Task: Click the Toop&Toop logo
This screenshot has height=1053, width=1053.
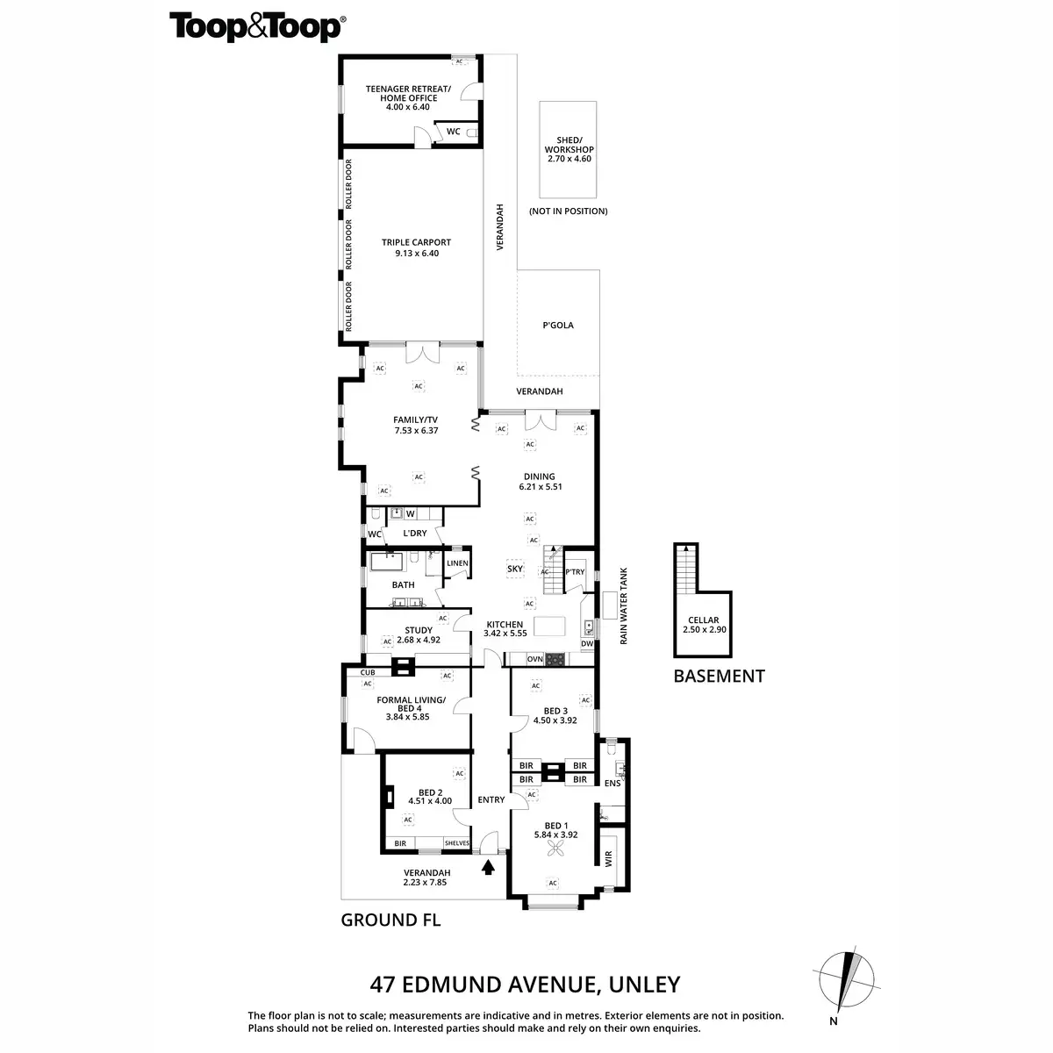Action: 255,27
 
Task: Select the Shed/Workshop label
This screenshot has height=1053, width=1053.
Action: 569,149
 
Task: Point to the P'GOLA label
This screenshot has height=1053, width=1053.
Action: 558,325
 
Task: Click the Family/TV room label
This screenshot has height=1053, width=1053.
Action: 416,425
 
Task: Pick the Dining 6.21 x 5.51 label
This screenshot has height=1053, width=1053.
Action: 540,481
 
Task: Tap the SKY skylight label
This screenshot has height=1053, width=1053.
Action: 515,569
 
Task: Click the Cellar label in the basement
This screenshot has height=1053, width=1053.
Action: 704,625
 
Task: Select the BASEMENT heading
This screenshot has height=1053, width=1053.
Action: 719,676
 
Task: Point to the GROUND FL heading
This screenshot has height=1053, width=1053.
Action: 390,920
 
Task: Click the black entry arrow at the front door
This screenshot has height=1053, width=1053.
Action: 488,867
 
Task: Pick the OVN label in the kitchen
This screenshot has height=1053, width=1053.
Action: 535,658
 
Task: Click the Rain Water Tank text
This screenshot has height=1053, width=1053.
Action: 625,605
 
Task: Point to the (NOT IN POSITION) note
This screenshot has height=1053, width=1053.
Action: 568,211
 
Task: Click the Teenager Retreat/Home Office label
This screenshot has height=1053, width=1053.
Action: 409,97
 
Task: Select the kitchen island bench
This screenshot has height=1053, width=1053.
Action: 550,625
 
